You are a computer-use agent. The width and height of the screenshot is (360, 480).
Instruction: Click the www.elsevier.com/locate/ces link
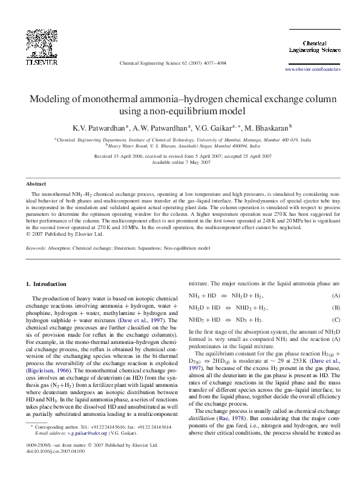312,70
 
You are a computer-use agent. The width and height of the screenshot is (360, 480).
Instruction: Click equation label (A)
336,296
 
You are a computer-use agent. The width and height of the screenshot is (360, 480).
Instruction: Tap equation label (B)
336,308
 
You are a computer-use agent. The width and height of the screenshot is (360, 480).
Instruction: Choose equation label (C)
336,320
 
